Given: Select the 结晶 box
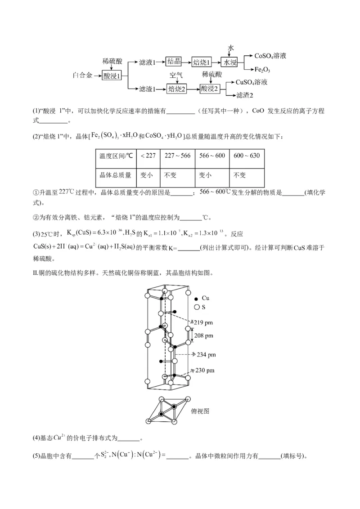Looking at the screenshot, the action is point(174,62).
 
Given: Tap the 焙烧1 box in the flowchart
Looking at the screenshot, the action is point(202,62).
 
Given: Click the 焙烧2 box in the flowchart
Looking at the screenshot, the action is point(177,89).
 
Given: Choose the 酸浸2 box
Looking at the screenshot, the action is point(210,89).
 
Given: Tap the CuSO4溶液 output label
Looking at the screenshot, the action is point(252,82).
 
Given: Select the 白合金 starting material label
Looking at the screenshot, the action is point(83,76).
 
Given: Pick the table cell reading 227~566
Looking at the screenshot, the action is point(177,155).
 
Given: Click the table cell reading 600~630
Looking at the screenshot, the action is point(247,155).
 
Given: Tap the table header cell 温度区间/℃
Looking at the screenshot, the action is point(116,155).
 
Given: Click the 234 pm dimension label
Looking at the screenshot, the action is point(207,355).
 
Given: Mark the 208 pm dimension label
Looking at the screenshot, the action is point(203,335).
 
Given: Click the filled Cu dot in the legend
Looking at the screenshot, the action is point(196,299).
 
